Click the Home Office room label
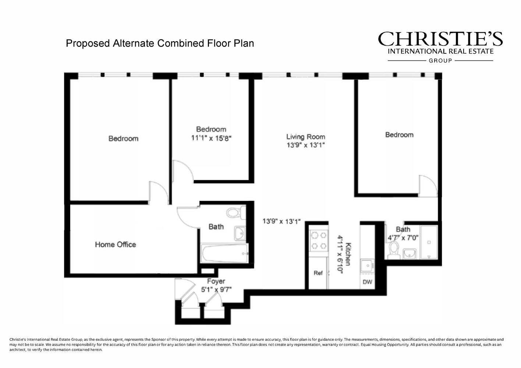pyautogui.click(x=115, y=244)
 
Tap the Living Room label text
pyautogui.click(x=305, y=137)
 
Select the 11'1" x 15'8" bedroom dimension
pyautogui.click(x=211, y=138)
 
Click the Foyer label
pyautogui.click(x=216, y=281)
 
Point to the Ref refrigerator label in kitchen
pyautogui.click(x=318, y=273)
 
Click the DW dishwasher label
pyautogui.click(x=367, y=282)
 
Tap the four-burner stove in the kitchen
pyautogui.click(x=319, y=240)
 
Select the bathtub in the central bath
pyautogui.click(x=224, y=253)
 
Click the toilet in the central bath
pyautogui.click(x=235, y=212)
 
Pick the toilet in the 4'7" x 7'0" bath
pyautogui.click(x=394, y=249)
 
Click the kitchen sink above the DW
pyautogui.click(x=367, y=265)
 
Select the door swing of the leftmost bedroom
pyautogui.click(x=158, y=192)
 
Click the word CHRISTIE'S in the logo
pyautogui.click(x=440, y=39)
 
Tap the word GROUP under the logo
pyautogui.click(x=440, y=61)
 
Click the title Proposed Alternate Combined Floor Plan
pyautogui.click(x=160, y=43)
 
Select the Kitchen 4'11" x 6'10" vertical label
pyautogui.click(x=344, y=254)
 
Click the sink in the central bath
pyautogui.click(x=240, y=233)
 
